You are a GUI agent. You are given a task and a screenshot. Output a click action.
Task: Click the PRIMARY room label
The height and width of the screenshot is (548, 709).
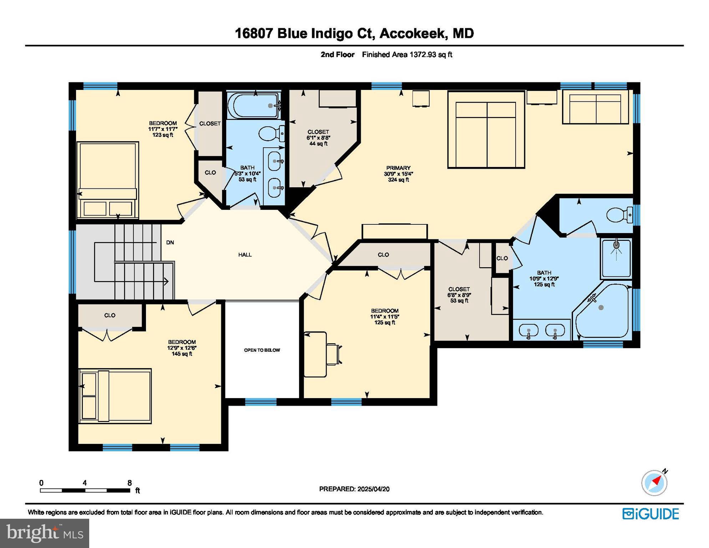click(x=398, y=168)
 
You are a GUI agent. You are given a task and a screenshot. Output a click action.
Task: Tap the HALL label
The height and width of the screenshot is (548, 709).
click(x=245, y=255)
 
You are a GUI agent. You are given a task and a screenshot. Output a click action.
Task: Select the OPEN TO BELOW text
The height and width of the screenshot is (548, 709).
click(x=262, y=350)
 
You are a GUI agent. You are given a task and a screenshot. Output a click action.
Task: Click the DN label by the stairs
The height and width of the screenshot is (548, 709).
click(x=170, y=243)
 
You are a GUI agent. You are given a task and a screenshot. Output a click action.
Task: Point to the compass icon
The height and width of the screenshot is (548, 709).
click(x=654, y=483)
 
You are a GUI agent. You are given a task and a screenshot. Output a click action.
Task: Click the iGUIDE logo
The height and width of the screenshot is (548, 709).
click(x=651, y=514)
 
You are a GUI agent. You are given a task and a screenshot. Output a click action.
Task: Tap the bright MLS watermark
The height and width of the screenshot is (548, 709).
click(x=45, y=533)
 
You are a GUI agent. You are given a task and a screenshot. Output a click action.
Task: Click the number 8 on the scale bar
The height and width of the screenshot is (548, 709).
click(x=130, y=483)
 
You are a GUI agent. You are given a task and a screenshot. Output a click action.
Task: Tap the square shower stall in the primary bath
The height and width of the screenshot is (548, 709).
click(x=616, y=259)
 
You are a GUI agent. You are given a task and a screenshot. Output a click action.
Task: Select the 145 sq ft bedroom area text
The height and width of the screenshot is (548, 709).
click(x=182, y=354)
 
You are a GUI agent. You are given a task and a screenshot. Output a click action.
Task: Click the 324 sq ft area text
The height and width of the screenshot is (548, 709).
click(x=399, y=180)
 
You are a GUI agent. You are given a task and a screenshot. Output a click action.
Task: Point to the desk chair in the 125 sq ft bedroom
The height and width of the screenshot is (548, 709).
click(x=334, y=354)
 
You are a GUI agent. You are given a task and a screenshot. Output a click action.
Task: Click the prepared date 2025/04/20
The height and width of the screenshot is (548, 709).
click(x=374, y=489)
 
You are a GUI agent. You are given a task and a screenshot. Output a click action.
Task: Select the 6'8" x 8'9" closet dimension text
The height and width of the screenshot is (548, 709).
click(x=459, y=295)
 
